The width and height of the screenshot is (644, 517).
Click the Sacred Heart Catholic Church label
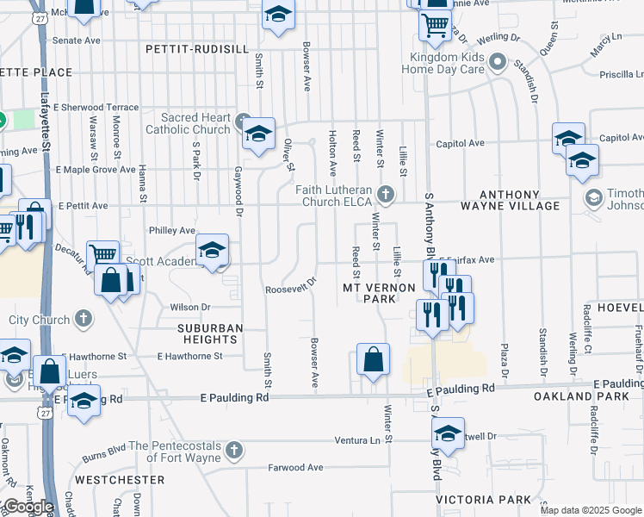coord(196,123)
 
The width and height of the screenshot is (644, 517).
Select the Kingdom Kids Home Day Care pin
coord(497,63)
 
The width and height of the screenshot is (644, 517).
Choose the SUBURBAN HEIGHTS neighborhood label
coord(211,334)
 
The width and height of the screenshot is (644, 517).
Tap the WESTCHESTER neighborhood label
coord(120,479)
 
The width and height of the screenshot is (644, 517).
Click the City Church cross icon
coord(83,319)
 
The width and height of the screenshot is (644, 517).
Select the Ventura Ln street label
coord(357,440)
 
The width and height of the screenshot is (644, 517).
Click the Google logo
coord(28,506)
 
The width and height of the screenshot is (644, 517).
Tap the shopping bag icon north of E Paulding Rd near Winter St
coord(373,360)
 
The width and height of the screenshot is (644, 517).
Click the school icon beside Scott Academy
coord(212,251)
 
